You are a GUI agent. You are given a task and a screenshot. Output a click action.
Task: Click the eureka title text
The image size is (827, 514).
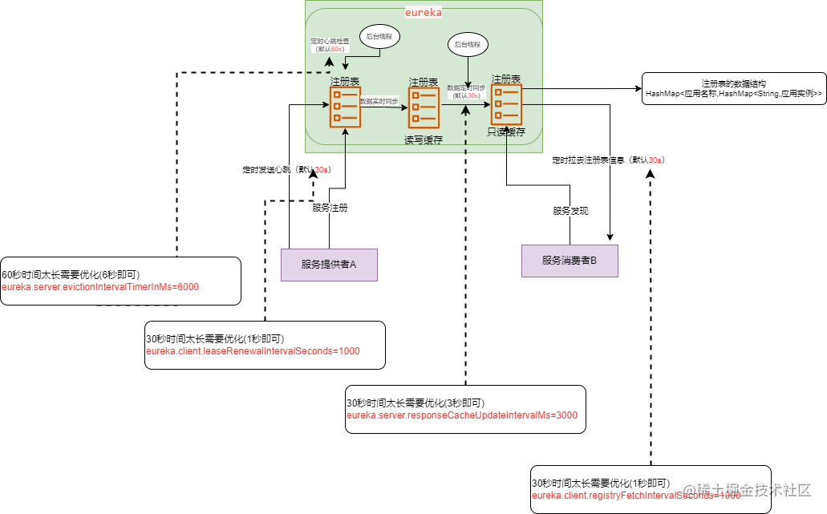pos(423,14)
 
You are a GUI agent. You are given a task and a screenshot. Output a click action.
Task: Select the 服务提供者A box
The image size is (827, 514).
pos(329,265)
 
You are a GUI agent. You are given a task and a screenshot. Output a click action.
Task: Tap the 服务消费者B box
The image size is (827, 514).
pos(570,261)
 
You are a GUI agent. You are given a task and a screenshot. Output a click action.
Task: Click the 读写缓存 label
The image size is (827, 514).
pos(424,140)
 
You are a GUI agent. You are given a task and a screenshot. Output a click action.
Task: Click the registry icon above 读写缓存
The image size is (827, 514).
pos(424,107)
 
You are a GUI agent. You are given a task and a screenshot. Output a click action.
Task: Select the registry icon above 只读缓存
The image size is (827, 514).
pos(507,104)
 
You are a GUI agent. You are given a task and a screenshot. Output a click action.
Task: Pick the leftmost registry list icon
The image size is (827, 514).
pos(345,107)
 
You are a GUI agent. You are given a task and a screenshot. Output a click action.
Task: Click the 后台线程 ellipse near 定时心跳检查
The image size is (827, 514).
pos(379,37)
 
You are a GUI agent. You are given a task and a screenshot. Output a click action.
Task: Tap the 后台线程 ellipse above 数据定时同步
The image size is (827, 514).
pos(468,45)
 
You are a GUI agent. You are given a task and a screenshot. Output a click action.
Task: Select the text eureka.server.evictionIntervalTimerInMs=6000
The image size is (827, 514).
pos(100,287)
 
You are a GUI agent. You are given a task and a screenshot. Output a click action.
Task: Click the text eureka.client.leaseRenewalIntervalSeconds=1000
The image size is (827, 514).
pos(253,351)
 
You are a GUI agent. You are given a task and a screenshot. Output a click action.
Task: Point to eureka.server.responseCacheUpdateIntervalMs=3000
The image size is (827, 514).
pos(462,415)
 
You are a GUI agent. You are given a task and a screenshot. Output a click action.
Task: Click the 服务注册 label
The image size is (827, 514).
pos(330,208)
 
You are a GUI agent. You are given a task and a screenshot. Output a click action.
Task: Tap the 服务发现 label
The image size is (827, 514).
pos(570,211)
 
